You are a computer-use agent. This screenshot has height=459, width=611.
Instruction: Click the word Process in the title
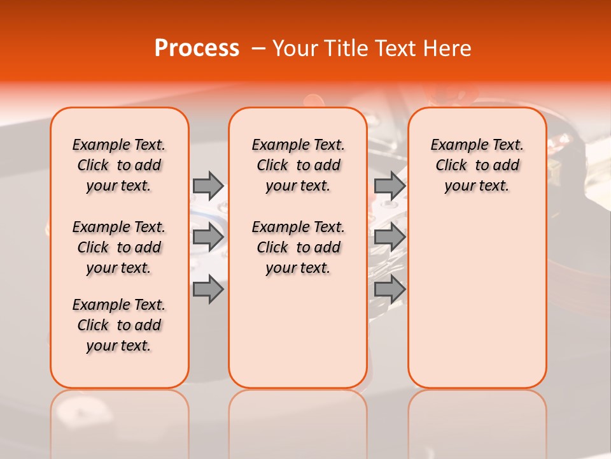pyautogui.click(x=197, y=48)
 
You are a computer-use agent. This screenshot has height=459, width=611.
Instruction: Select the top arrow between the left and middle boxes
pyautogui.click(x=208, y=186)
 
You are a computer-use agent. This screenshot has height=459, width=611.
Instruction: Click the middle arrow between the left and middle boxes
pyautogui.click(x=208, y=238)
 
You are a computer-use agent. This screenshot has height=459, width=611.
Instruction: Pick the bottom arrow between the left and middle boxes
pyautogui.click(x=208, y=289)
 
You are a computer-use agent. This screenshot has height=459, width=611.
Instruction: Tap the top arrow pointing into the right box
pyautogui.click(x=390, y=186)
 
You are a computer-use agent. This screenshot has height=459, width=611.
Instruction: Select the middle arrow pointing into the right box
pyautogui.click(x=390, y=238)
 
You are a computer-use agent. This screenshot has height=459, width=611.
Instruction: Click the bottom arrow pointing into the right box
pyautogui.click(x=390, y=289)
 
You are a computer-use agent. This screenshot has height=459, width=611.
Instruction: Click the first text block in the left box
pyautogui.click(x=119, y=165)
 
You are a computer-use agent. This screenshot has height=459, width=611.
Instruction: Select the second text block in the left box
pyautogui.click(x=119, y=247)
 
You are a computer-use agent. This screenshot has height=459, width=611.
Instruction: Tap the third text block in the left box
pyautogui.click(x=119, y=325)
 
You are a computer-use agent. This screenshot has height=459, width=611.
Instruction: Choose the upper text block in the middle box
pyautogui.click(x=298, y=165)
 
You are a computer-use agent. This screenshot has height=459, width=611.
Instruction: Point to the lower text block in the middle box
pyautogui.click(x=298, y=247)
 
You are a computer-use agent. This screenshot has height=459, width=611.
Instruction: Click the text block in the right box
pyautogui.click(x=477, y=165)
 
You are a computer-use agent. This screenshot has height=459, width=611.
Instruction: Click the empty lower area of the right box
pyautogui.click(x=477, y=300)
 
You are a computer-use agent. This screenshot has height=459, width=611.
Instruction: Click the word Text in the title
pyautogui.click(x=393, y=48)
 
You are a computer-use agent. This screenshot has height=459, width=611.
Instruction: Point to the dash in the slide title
pyautogui.click(x=258, y=48)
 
